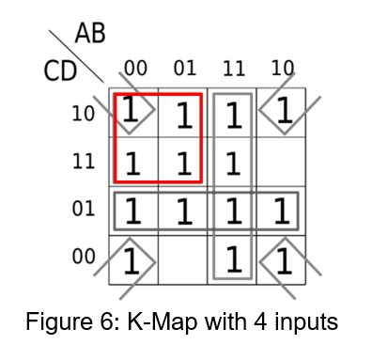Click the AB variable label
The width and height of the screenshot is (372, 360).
90,34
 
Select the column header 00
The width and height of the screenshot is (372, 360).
135,69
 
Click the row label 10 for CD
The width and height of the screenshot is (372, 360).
84,115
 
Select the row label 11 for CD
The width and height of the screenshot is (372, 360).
84,162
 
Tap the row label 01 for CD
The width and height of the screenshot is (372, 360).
84,209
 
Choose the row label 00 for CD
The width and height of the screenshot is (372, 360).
84,256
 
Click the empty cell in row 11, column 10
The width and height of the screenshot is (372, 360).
279,162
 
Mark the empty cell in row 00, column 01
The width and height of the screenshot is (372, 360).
182,258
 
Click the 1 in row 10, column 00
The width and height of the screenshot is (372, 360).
133,114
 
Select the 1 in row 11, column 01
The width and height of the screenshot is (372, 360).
182,164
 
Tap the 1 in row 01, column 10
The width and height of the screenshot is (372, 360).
279,211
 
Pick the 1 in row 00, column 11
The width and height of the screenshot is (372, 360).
232,258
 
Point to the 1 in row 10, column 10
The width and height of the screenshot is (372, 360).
282,114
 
